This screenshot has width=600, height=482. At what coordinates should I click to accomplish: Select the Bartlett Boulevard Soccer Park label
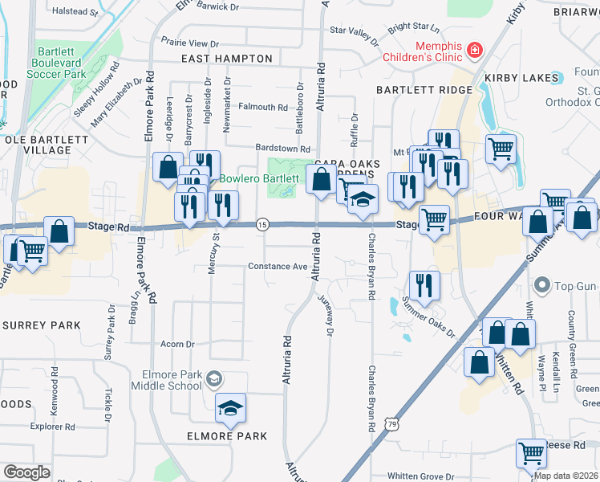(x=56, y=63)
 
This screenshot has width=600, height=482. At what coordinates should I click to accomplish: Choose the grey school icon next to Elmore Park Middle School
(x=213, y=378)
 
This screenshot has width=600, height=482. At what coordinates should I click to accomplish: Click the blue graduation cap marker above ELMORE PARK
(x=230, y=409)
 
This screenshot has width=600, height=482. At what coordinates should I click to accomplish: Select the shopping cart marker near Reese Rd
(x=531, y=455)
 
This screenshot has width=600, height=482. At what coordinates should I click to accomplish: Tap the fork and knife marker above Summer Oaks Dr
(x=424, y=284)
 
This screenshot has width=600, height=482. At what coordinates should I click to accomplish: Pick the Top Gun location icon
(x=543, y=286)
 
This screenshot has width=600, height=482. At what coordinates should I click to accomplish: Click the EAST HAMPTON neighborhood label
(x=226, y=59)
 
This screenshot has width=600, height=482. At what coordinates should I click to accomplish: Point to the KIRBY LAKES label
(x=521, y=78)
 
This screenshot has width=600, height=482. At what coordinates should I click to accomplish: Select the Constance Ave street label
(x=278, y=267)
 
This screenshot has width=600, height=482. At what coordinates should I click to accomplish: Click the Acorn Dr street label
(x=178, y=344)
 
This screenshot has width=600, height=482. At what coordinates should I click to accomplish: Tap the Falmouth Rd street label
(x=262, y=107)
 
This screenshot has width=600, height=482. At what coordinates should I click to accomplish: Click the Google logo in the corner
(x=27, y=472)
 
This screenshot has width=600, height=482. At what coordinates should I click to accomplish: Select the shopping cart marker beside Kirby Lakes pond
(x=501, y=149)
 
